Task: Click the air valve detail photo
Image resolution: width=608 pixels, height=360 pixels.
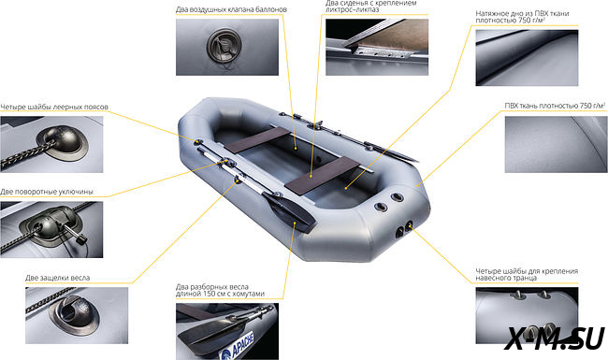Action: tap(227, 48)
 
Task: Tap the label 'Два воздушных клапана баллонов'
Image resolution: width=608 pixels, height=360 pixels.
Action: tap(231, 9)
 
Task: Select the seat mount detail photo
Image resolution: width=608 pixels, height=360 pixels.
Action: tap(377, 48)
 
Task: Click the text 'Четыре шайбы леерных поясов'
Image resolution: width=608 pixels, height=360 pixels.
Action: tap(54, 107)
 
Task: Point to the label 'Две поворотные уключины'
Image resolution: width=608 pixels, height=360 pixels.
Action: tap(47, 192)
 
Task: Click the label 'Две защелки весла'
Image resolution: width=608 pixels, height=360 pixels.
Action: tap(57, 278)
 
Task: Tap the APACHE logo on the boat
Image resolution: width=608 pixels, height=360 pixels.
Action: tap(237, 346)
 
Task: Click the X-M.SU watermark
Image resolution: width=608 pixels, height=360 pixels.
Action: tap(556, 338)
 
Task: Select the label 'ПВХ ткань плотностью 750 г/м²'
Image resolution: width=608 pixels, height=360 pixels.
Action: tap(555, 106)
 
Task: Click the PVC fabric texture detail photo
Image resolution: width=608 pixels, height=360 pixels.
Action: tap(556, 145)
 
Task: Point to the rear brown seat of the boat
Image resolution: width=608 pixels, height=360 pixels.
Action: tap(323, 176)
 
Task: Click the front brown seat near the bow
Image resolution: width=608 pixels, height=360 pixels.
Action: tap(257, 140)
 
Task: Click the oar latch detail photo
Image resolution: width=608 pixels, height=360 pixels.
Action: tap(77, 315)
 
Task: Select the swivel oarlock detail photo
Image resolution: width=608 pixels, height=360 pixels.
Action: tap(51, 229)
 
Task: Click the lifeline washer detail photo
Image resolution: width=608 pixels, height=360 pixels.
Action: tap(51, 145)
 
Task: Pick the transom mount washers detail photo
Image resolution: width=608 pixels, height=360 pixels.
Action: tap(527, 315)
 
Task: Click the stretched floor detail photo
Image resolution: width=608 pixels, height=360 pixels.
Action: tap(527, 58)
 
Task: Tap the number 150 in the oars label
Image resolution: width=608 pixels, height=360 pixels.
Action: tap(210, 295)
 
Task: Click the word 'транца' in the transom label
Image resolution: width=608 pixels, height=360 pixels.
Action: tap(518, 278)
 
